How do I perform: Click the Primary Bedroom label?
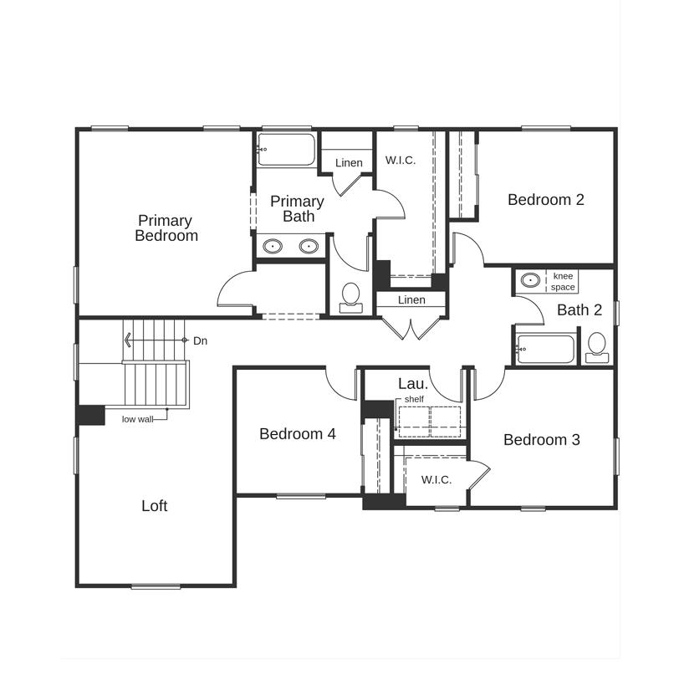(166, 228)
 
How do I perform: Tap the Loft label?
(154, 505)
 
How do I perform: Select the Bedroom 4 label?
(298, 433)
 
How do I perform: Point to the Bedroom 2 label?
(545, 200)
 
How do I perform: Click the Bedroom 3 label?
(541, 440)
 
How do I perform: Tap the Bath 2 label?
(579, 309)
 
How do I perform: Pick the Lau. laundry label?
(413, 383)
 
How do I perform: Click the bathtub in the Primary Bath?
(286, 150)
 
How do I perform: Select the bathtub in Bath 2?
(545, 349)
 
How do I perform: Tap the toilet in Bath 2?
(597, 347)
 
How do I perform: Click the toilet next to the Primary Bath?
(350, 298)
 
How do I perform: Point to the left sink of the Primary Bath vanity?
(273, 246)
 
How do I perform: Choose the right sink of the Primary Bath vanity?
(309, 246)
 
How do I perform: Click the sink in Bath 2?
(530, 280)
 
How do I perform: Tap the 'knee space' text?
(563, 282)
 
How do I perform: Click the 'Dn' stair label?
(200, 341)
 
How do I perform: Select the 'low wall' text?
(137, 419)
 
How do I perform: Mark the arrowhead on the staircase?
(128, 340)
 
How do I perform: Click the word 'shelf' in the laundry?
(414, 399)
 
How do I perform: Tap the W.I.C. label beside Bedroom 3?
(436, 479)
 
